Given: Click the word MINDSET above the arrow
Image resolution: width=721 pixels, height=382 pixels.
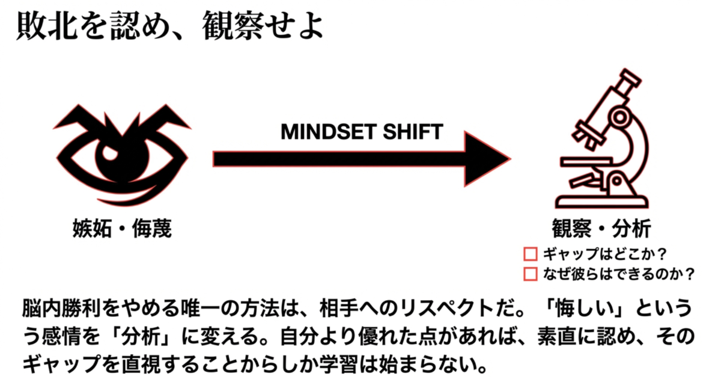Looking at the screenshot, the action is coord(329,132).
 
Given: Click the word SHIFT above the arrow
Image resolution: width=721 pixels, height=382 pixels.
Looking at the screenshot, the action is coord(413,132).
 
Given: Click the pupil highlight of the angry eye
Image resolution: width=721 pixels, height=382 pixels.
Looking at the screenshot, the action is coord(110,152).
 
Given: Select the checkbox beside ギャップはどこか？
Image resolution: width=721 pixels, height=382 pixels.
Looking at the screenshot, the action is coord(531,254).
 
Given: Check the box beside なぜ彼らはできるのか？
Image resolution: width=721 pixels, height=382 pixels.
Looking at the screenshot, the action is coord(531,274).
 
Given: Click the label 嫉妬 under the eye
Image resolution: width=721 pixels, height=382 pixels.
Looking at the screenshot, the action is coord(92,228).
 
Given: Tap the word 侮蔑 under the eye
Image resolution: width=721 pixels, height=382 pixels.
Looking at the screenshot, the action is coord(152,228).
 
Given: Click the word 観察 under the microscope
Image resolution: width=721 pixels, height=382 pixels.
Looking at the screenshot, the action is coord(571,228).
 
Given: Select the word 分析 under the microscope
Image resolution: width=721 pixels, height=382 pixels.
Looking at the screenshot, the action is coord(631,228).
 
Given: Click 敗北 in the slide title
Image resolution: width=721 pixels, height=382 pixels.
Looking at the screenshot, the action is coord(47,25).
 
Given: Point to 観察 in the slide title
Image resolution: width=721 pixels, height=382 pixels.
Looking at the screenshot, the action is coord(233,25).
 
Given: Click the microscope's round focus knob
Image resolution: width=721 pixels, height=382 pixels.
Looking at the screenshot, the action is coord(619,117).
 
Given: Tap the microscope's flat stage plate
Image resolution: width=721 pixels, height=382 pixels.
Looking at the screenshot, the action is coord(586,161).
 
